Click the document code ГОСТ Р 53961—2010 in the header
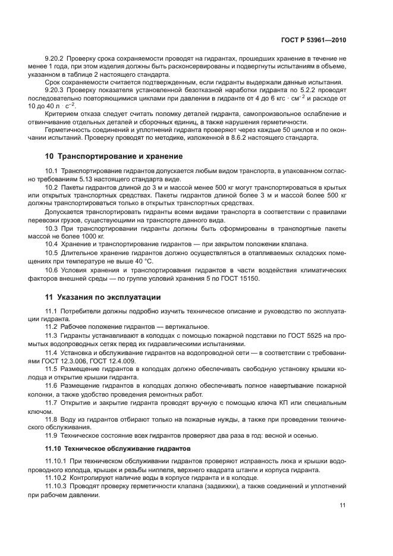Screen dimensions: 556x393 pos(314,40)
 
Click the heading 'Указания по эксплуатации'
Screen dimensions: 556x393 pos(111,297)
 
